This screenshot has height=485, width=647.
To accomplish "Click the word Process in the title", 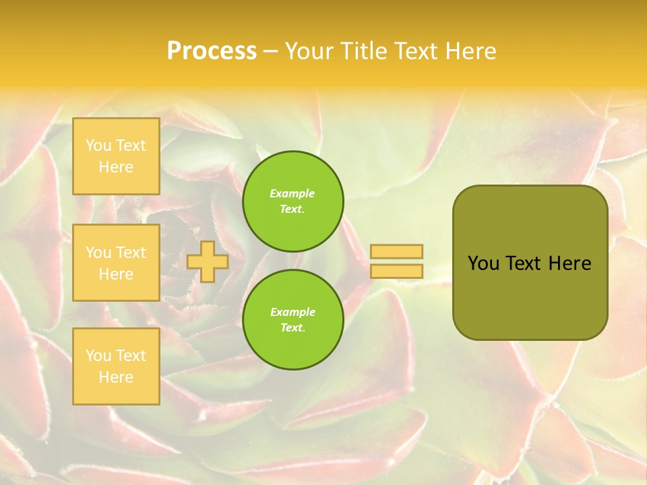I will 212,51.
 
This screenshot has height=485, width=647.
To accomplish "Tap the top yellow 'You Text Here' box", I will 116,156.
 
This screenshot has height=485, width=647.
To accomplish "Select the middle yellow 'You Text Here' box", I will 116,263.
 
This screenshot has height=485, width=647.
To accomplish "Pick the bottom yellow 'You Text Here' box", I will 116,366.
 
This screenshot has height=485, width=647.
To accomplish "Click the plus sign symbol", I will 208,261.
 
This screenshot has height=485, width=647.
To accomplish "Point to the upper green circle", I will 293,201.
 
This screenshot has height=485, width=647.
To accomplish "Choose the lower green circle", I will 293,320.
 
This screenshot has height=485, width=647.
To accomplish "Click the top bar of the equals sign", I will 397,251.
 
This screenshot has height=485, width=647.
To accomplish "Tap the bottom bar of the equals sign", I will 397,271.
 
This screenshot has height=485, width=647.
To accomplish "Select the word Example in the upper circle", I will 292,194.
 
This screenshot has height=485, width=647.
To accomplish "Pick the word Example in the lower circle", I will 292,313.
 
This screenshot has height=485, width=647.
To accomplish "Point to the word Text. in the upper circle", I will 292,209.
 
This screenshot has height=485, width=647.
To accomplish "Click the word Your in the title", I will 308,51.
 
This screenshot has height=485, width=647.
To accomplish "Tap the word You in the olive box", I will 483,263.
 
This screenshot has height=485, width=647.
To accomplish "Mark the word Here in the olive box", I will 569,263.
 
